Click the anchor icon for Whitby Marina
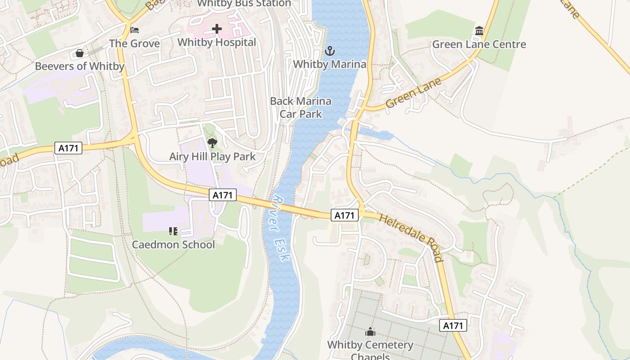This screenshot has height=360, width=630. [x=330, y=51]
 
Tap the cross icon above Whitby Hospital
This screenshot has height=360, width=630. [x=217, y=29]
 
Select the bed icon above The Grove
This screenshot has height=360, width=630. [x=135, y=30]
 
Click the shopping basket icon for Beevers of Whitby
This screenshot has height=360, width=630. [x=80, y=53]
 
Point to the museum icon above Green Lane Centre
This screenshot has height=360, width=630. [x=479, y=31]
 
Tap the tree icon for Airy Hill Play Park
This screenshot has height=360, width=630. [x=212, y=143]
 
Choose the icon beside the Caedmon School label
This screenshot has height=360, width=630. [x=173, y=231]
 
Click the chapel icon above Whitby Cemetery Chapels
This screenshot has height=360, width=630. [x=370, y=332]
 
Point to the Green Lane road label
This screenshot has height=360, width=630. [x=414, y=92]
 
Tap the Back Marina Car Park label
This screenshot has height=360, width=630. [x=301, y=108]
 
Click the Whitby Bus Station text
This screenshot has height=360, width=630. [x=244, y=4]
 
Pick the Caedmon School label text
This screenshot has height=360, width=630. [x=173, y=245]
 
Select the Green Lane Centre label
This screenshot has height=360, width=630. [x=479, y=45]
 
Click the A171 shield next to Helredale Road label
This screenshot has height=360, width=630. [x=345, y=216]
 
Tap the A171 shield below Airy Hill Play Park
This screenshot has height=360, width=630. [x=223, y=195]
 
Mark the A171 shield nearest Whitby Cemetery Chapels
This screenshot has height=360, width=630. [x=453, y=326]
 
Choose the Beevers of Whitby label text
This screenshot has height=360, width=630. [x=80, y=66]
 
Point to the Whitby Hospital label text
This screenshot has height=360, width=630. [x=217, y=42]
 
